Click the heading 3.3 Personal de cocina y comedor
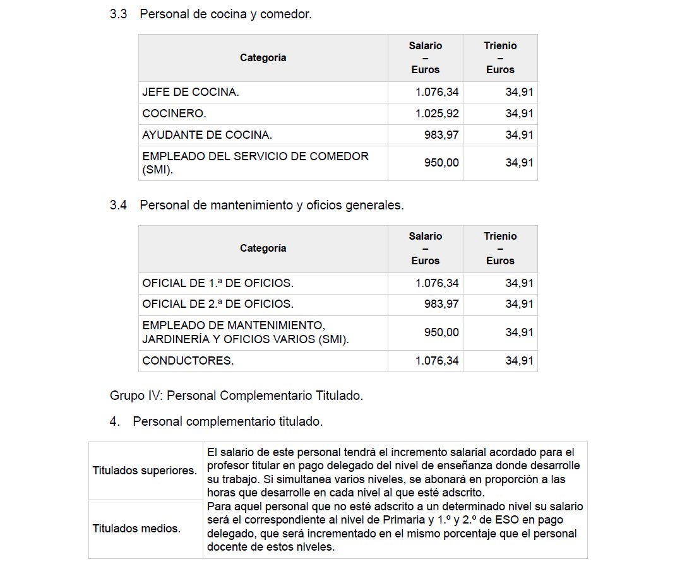point(210,14)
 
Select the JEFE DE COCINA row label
point(191,92)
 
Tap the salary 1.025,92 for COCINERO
point(437,114)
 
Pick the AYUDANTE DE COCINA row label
point(207,135)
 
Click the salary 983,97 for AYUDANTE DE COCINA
point(441,135)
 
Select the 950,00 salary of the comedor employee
point(441,163)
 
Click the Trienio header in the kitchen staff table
point(500,57)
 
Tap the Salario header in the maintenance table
point(425,248)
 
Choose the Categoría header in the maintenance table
point(263,248)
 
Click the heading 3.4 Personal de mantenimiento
point(256,205)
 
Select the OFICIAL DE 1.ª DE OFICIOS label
point(218,283)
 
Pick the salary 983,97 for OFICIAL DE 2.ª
point(441,304)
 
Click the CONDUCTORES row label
point(188,361)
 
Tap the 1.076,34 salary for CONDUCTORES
point(437,361)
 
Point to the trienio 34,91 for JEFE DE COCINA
point(519,92)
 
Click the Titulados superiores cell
point(145,471)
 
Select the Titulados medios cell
point(136,529)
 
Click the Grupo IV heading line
point(236,396)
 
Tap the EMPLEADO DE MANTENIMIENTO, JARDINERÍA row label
point(245,332)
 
